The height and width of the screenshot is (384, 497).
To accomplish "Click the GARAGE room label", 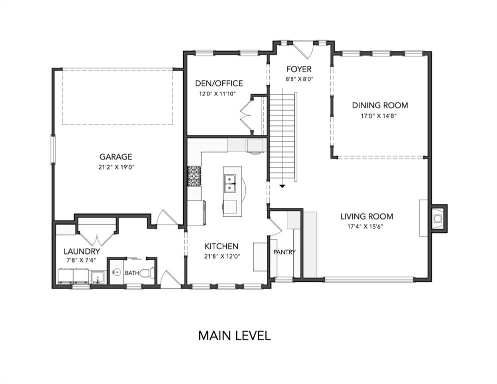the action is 116,156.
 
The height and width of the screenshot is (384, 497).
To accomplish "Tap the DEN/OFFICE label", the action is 219,83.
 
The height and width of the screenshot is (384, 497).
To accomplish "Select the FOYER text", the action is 299,69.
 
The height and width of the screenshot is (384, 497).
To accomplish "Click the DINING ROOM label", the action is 380,105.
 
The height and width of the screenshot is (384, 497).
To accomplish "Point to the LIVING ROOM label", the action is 367,216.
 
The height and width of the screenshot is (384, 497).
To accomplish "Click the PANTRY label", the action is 284,252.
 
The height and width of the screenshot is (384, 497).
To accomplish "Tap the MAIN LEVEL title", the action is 235,335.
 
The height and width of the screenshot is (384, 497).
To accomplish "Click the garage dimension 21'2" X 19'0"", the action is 117,167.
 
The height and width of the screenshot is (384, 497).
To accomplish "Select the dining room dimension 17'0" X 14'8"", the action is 379,116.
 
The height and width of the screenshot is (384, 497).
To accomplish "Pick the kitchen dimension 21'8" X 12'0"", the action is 222,256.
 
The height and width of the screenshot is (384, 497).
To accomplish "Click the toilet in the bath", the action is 147,272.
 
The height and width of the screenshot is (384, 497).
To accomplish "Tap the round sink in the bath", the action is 117,272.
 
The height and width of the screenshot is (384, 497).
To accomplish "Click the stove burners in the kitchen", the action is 194,176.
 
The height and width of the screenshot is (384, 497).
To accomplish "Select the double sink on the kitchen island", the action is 230,183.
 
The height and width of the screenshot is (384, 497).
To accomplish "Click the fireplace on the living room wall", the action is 438,218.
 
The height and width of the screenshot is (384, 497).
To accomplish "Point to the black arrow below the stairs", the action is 282,186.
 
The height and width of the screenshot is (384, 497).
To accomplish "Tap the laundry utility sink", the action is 98,277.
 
